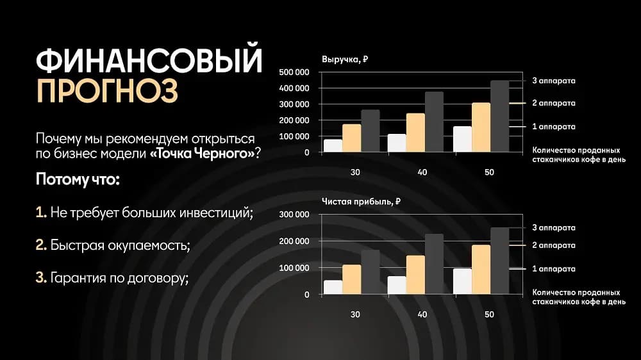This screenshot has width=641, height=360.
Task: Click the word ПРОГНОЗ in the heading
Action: (x=107, y=91)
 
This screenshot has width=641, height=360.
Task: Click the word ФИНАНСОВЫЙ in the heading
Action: (x=149, y=61)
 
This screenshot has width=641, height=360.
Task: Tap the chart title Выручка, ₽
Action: (x=345, y=60)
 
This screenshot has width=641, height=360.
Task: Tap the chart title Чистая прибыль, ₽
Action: (x=361, y=201)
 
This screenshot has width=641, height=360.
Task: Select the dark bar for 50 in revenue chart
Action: (x=499, y=117)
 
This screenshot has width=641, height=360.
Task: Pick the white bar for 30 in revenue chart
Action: (x=333, y=146)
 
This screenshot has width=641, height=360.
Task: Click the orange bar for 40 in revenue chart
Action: (x=415, y=133)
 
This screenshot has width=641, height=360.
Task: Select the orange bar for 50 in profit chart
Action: (x=481, y=269)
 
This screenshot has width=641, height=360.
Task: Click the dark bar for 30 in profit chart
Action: (x=370, y=272)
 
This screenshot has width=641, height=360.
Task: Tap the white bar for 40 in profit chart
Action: (x=397, y=285)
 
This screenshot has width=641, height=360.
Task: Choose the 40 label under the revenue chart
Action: (x=422, y=172)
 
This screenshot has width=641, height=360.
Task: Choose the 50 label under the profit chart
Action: (x=489, y=315)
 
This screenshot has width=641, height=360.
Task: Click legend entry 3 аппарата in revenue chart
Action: (x=553, y=81)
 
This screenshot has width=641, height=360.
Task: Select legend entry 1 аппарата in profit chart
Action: (x=553, y=269)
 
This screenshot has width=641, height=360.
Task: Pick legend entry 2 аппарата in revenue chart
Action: (x=553, y=103)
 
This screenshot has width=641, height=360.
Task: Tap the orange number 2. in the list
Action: (x=41, y=245)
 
